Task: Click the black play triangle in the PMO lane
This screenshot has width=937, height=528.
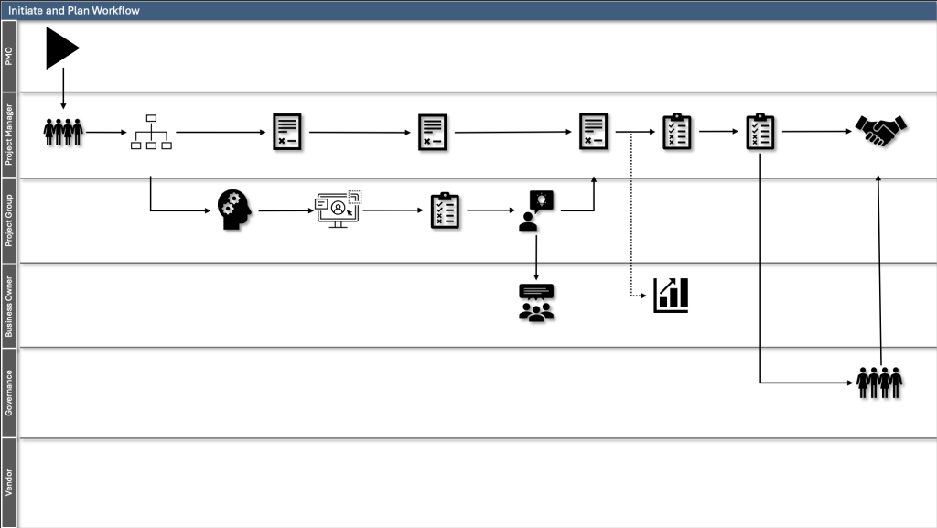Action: point(60,48)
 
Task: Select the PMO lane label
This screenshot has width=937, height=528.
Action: point(9,56)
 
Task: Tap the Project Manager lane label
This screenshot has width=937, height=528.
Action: point(9,135)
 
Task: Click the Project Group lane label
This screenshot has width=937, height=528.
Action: point(9,220)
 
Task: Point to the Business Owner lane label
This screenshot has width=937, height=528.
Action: point(9,306)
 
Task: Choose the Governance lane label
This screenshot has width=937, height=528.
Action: point(9,393)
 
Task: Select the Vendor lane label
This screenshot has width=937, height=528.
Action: point(9,482)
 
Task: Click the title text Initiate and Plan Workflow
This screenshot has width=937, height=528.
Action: point(74,10)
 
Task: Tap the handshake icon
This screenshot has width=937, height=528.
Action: point(880,131)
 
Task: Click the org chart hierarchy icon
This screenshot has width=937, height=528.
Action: point(151,132)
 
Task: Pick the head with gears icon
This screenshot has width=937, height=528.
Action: point(234,210)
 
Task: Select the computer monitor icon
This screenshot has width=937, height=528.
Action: point(339,210)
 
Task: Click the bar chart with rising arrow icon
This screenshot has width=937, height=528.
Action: point(671,295)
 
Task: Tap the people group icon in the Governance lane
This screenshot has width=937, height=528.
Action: point(879,383)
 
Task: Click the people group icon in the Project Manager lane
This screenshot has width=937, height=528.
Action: point(63,132)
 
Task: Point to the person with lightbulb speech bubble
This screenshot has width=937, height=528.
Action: point(535,210)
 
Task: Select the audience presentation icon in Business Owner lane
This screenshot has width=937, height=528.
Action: point(536,303)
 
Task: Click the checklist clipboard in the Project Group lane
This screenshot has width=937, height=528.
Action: point(445,210)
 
